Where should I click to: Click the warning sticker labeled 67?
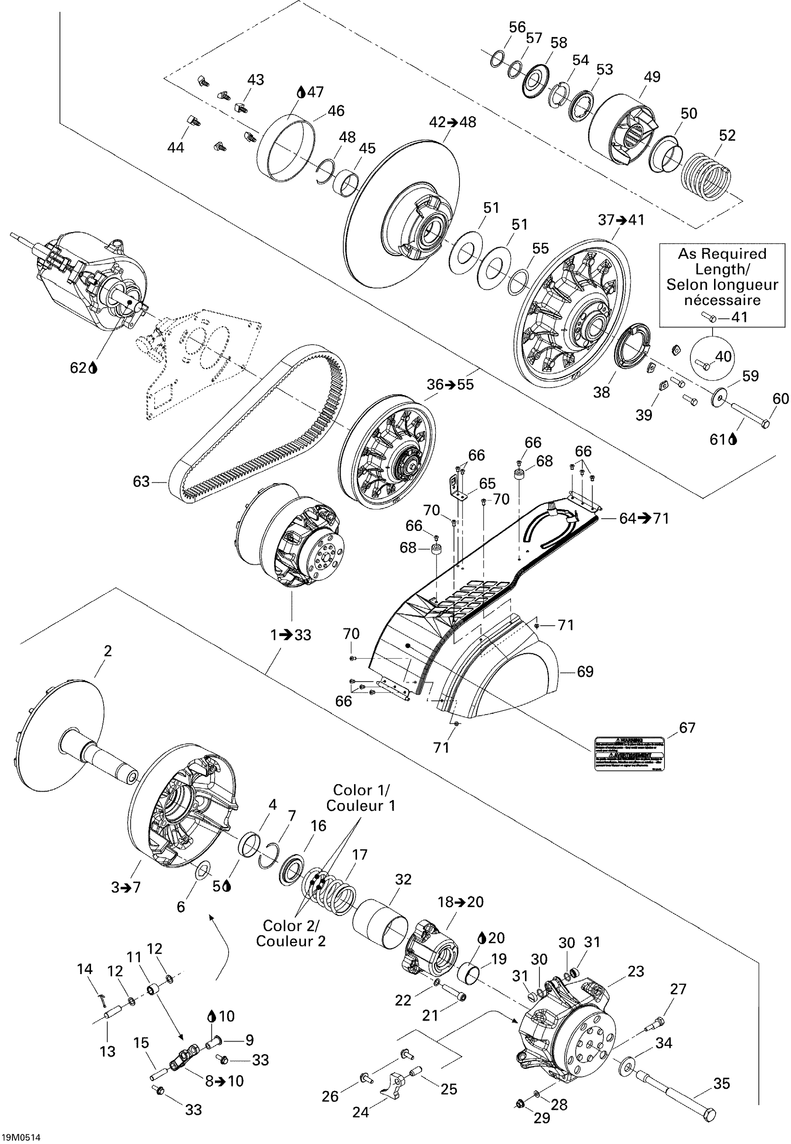[x=629, y=753]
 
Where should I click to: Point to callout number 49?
[x=652, y=77]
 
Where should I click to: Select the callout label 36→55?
[x=450, y=384]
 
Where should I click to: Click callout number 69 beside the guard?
[x=585, y=672]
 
